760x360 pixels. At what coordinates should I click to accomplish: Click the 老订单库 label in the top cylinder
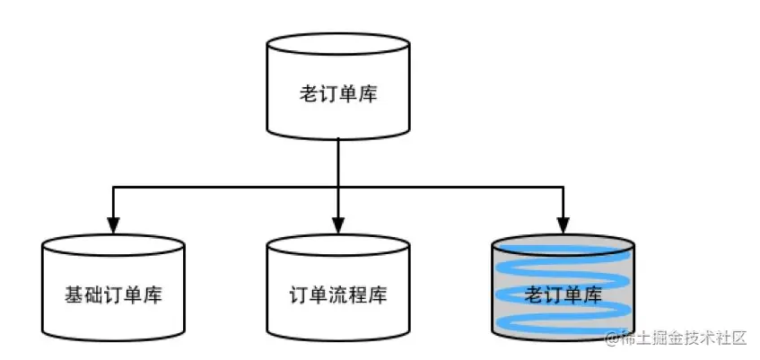[338, 93]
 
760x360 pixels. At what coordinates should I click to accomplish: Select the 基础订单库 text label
[113, 294]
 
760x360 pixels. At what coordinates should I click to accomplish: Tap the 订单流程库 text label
[338, 294]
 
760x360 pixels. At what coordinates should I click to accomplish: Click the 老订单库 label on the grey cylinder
[563, 294]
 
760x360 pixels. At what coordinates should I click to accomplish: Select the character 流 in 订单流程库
[338, 294]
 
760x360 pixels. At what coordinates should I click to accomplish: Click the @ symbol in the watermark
[612, 339]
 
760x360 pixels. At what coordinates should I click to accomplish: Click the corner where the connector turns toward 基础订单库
[113, 188]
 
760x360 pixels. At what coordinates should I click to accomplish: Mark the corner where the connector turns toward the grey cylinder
[563, 188]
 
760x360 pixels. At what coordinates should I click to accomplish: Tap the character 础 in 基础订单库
[93, 294]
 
